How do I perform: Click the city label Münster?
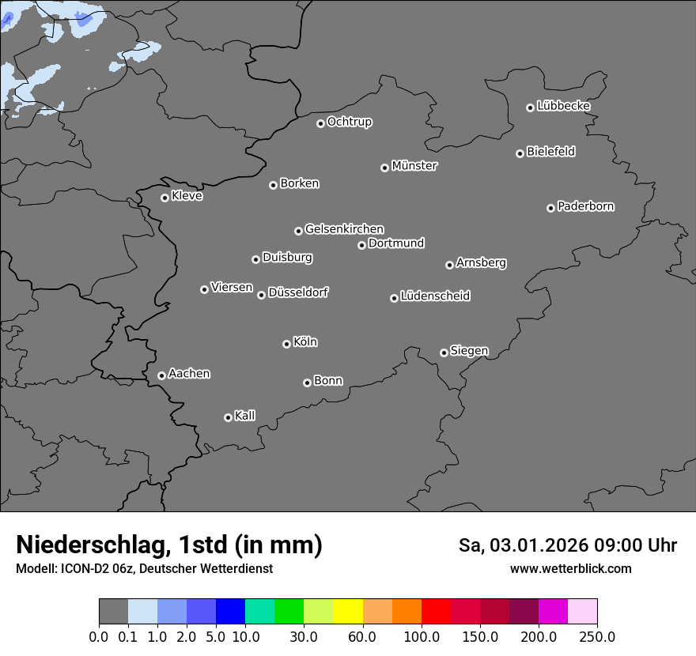click(x=414, y=166)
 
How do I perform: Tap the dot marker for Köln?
click(x=286, y=344)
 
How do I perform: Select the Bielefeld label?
click(x=551, y=152)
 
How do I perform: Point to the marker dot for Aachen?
click(x=161, y=375)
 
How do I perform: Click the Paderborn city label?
click(x=586, y=206)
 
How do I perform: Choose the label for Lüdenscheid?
click(x=435, y=296)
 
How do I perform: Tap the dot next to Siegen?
click(x=444, y=353)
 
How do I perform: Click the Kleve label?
click(x=187, y=196)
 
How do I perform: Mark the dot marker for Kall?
click(x=228, y=417)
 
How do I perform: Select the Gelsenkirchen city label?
click(x=344, y=229)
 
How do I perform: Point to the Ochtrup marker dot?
click(x=320, y=123)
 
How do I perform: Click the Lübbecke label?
click(x=564, y=106)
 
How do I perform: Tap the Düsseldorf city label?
click(x=298, y=292)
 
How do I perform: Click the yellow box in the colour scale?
click(x=348, y=612)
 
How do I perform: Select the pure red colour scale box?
click(x=436, y=612)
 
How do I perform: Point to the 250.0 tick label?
click(x=597, y=637)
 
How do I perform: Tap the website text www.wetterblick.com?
click(x=571, y=568)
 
